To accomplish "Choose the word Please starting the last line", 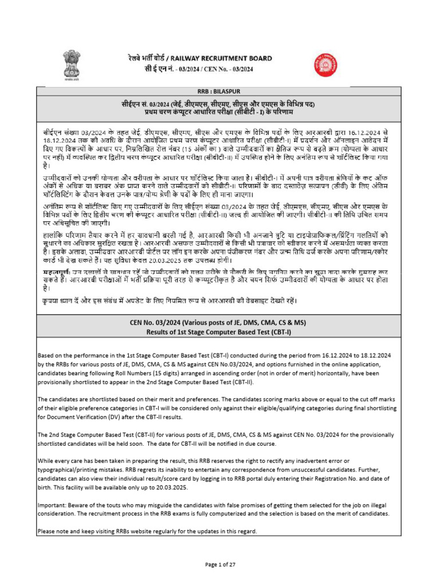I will click(x=46, y=532).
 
